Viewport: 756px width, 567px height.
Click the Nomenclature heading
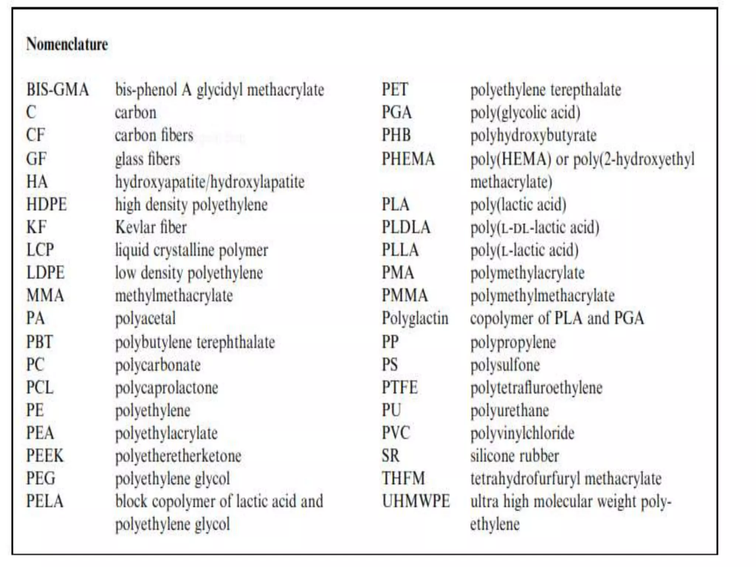[x=67, y=44]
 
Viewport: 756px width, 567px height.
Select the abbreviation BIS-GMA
[x=58, y=90]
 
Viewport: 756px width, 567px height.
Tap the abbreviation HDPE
[x=47, y=205]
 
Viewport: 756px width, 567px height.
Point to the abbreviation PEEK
[x=45, y=456]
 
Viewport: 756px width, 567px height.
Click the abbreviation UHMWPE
[x=416, y=501]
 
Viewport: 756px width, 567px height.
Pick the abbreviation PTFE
[x=399, y=388]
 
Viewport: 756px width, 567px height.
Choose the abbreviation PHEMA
[x=408, y=159]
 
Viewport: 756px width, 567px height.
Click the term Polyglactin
[x=415, y=318]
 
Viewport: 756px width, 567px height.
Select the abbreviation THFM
[x=403, y=478]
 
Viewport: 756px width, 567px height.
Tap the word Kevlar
[x=133, y=227]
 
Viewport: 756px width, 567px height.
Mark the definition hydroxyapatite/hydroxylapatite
[x=210, y=182]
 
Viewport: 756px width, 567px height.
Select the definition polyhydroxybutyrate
[x=533, y=135]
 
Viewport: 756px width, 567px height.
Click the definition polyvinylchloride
[x=522, y=433]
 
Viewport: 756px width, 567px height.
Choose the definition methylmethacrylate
[x=174, y=296]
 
